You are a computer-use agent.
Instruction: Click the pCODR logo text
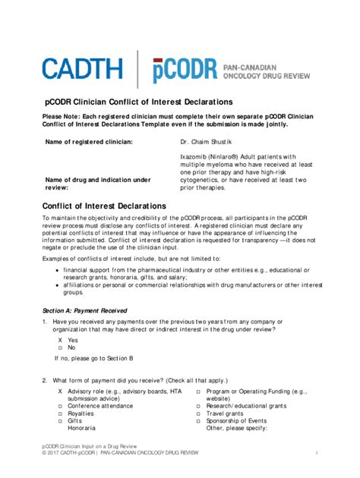pyautogui.click(x=182, y=69)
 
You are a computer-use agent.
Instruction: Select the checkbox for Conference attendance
pyautogui.click(x=60, y=406)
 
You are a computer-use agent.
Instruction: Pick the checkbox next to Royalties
pyautogui.click(x=60, y=414)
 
